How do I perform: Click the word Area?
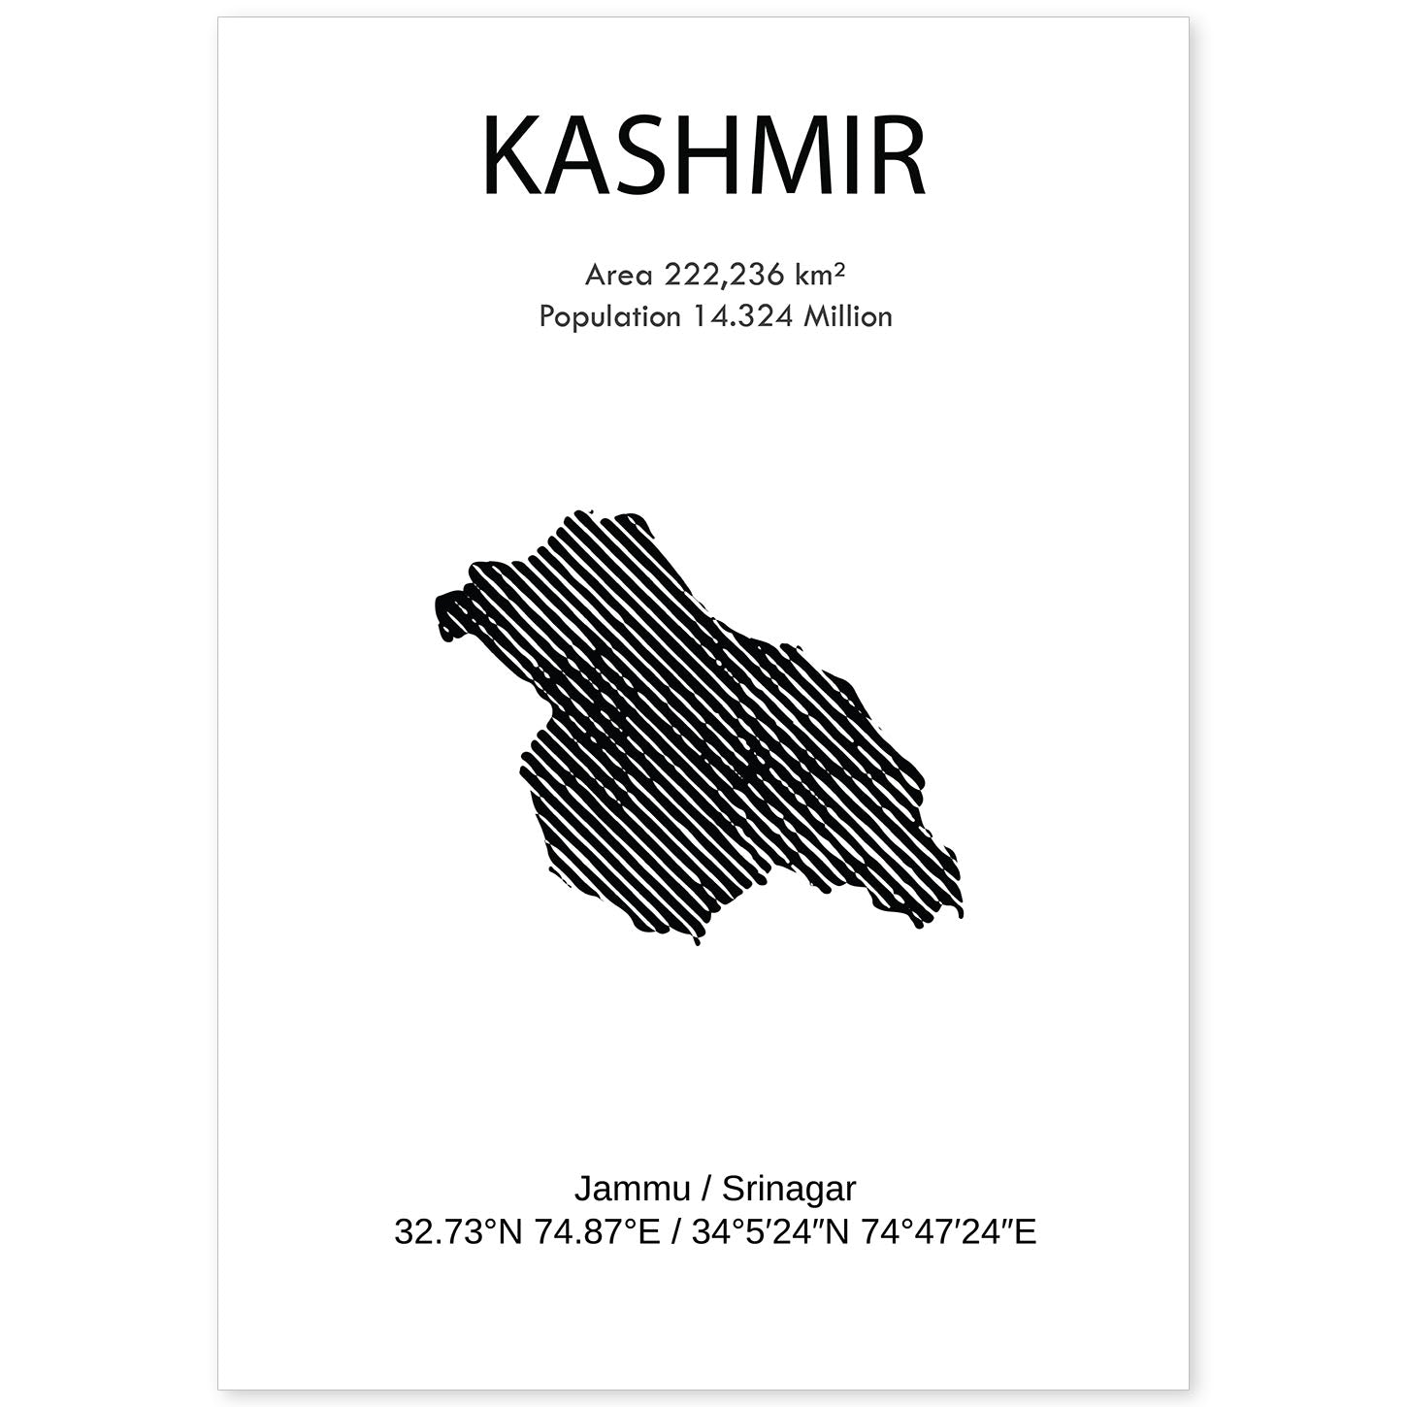point(618,276)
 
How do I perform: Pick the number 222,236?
point(724,276)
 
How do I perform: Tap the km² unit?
point(819,276)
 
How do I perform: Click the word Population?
point(609,316)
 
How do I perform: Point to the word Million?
point(847,316)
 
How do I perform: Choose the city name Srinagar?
point(789,1190)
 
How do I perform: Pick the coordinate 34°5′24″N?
point(767,1232)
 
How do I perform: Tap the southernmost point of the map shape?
point(697,941)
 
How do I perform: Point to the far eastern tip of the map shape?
point(961,907)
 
